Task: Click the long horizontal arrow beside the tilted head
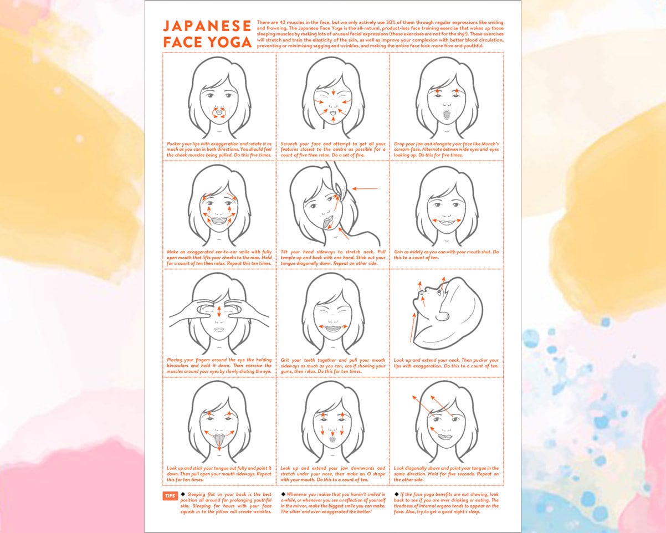tap(365, 189)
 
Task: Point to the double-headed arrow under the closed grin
tap(447, 221)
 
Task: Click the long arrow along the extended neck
tap(412, 326)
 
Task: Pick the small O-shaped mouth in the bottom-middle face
tap(332, 439)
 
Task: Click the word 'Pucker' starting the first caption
tap(174, 143)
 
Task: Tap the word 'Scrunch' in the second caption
tap(290, 143)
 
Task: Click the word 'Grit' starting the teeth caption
tap(286, 360)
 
